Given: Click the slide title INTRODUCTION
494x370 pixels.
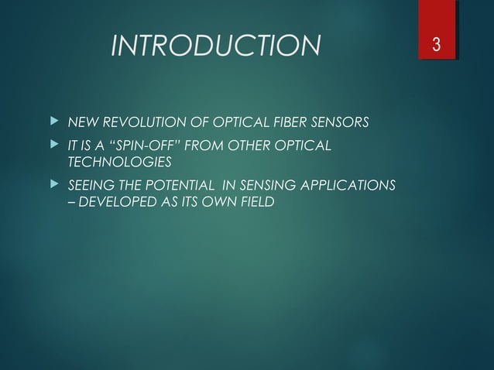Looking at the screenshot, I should [x=215, y=46].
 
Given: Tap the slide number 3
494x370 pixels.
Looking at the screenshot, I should [x=437, y=46].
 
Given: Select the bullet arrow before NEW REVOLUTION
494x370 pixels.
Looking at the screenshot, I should [x=53, y=122].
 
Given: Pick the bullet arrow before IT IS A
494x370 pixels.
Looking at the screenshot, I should [x=53, y=145].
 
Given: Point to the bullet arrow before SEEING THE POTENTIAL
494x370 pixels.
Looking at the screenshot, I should [x=53, y=185].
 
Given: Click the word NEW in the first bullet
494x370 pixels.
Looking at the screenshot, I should [x=83, y=123].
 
